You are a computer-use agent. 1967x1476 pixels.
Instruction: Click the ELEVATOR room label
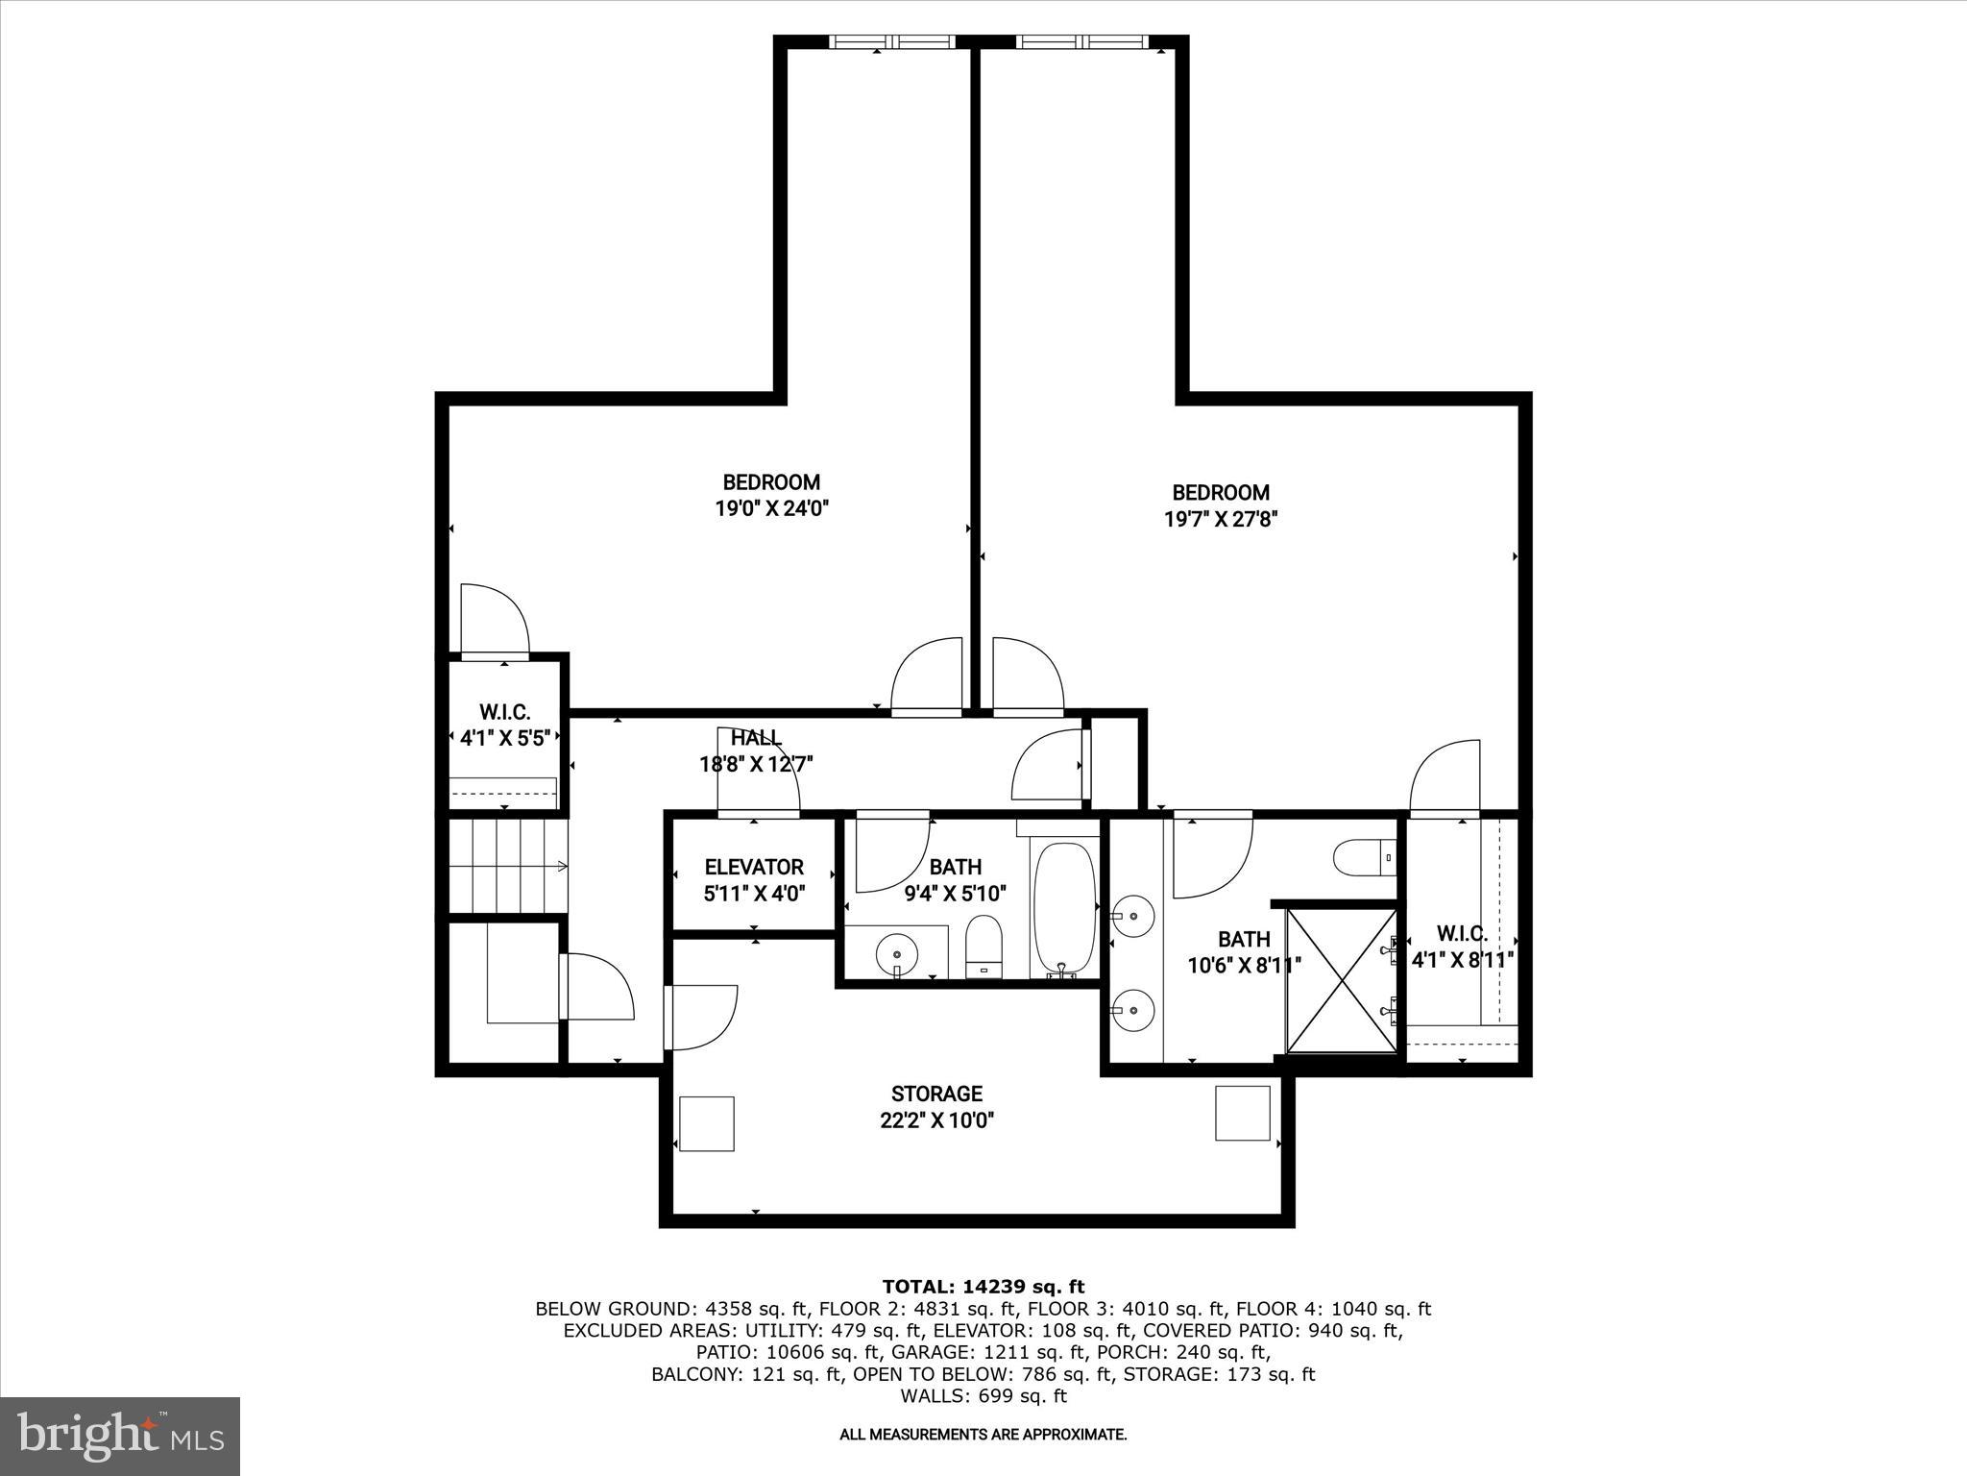(754, 867)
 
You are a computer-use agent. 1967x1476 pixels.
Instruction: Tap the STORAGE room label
(936, 1094)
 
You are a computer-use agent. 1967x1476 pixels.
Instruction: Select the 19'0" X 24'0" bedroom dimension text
(771, 508)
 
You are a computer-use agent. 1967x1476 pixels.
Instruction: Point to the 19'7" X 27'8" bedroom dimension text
(1220, 519)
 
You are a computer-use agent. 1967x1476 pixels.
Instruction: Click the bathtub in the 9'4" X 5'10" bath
(1064, 908)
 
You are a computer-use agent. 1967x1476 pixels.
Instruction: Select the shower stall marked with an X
(1341, 980)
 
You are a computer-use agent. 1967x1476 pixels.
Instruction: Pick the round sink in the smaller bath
(897, 954)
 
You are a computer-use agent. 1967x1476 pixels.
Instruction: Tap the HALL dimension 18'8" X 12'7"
(756, 765)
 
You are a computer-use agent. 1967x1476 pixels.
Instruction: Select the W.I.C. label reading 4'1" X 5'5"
(504, 738)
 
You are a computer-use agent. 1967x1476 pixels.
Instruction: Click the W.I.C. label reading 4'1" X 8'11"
(1462, 959)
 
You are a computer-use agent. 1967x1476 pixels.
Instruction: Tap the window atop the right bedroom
(1081, 42)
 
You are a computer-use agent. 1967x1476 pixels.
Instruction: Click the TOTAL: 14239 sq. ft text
(983, 1287)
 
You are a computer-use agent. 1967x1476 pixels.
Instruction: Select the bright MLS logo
(120, 1437)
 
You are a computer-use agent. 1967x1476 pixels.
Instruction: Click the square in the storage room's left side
(707, 1123)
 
